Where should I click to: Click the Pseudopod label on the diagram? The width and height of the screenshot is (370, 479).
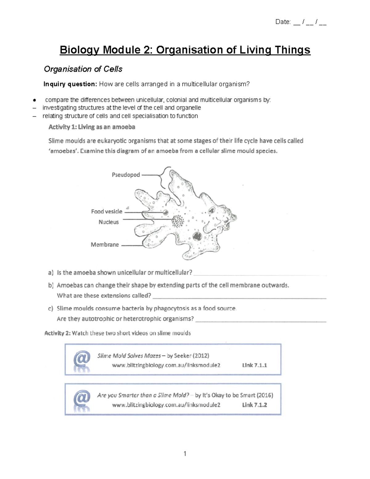[x=126, y=175]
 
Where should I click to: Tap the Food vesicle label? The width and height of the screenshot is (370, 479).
[x=107, y=212]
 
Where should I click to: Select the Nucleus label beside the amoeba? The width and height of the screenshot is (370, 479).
[x=109, y=222]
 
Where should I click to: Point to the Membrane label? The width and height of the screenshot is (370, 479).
[x=105, y=245]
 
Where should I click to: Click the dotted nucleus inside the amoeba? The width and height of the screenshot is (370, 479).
[x=178, y=221]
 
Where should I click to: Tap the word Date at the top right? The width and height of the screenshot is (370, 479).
[x=283, y=22]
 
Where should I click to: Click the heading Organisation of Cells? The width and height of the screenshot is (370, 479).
[x=83, y=69]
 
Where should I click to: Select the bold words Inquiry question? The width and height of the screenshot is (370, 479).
[x=70, y=84]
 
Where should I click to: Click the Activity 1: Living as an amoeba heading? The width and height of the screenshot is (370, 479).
[x=92, y=127]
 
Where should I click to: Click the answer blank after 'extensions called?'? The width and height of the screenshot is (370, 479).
[x=240, y=298]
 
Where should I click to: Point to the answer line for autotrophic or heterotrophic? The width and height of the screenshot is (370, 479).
[x=261, y=321]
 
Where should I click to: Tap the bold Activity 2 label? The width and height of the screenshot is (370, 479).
[x=57, y=333]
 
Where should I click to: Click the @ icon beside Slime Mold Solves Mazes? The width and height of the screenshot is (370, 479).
[x=82, y=360]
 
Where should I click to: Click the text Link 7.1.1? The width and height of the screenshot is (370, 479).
[x=254, y=365]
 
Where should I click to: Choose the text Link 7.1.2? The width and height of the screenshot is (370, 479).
[x=254, y=405]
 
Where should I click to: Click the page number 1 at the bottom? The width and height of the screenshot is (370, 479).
[x=185, y=454]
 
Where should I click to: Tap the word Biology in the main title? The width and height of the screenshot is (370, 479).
[x=80, y=50]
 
